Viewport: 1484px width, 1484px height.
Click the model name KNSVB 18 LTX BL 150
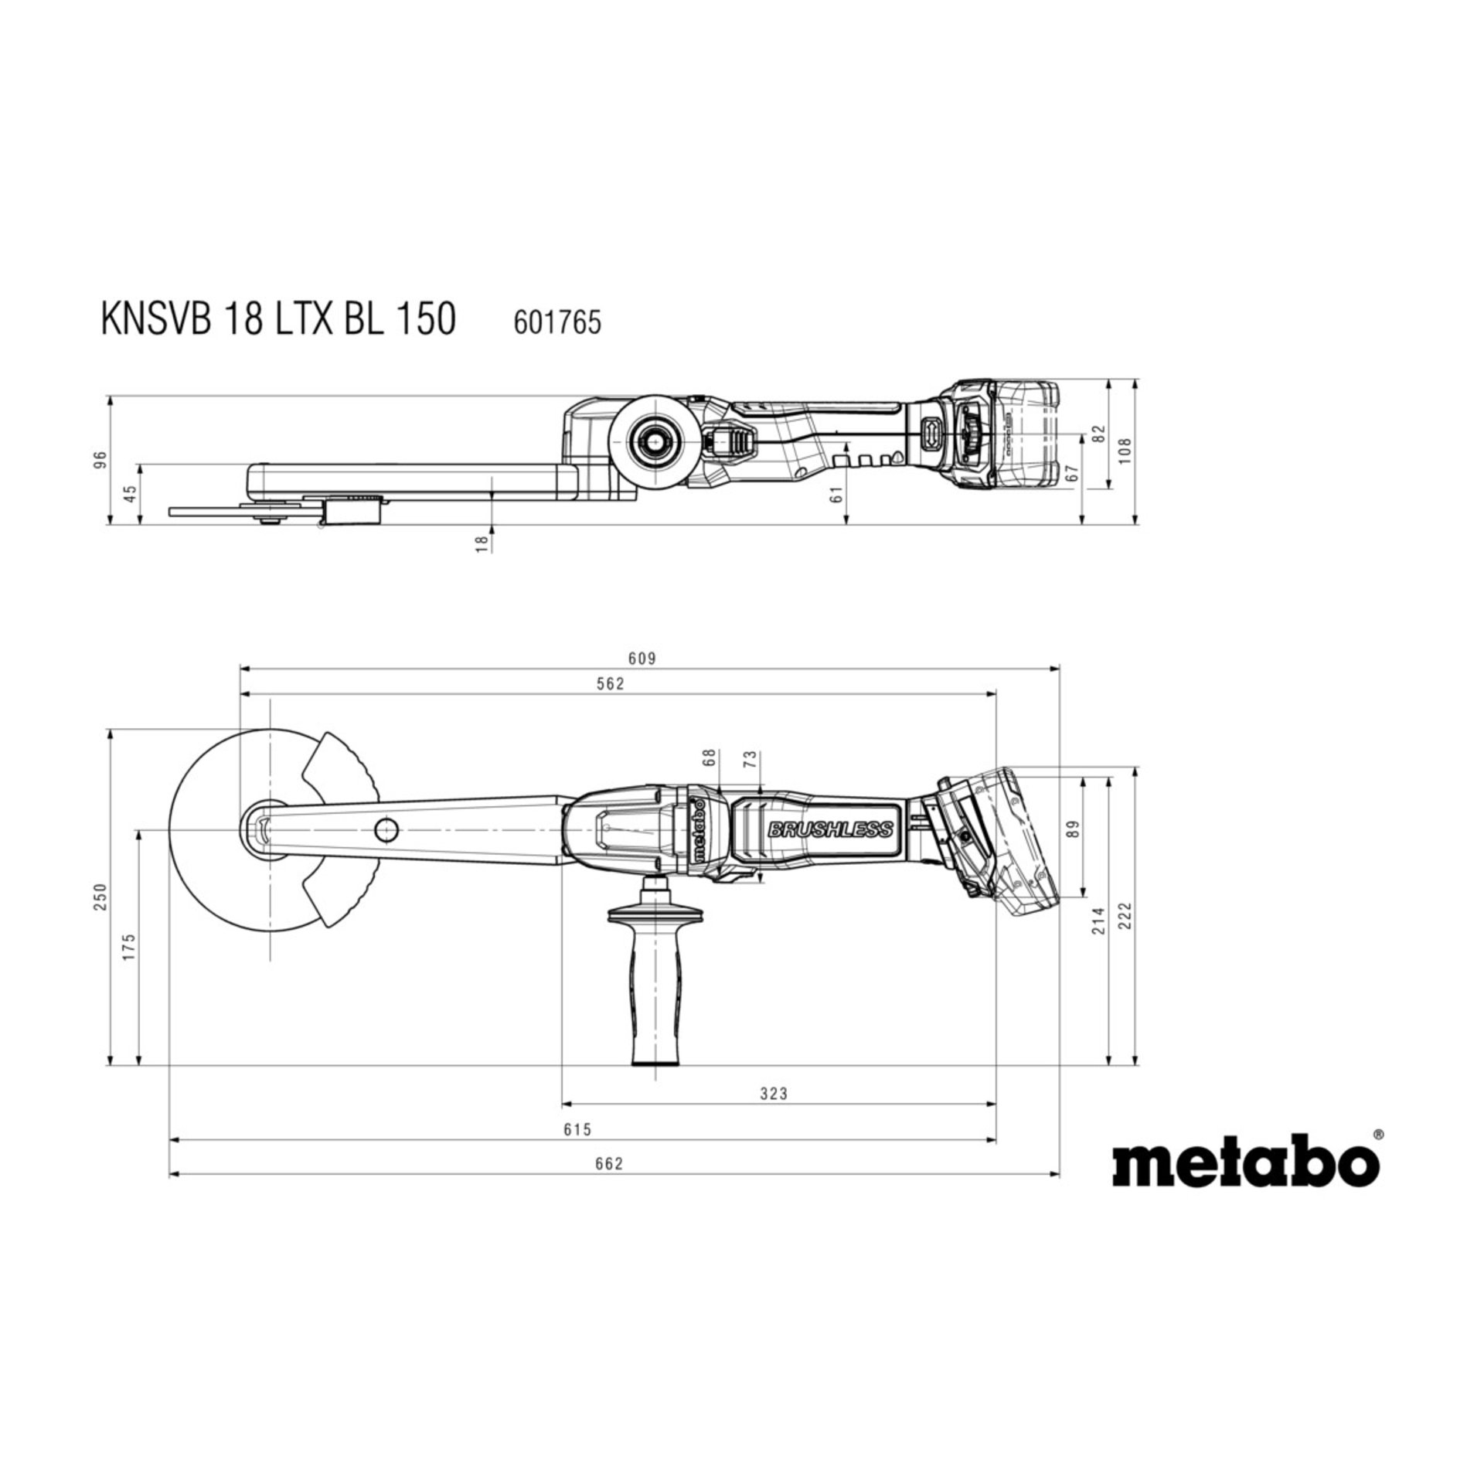click(x=278, y=318)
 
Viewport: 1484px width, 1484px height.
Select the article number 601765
click(x=557, y=322)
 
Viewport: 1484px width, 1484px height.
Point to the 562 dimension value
click(x=611, y=684)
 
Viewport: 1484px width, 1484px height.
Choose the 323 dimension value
click(x=773, y=1094)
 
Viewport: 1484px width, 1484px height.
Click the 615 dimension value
click(x=577, y=1130)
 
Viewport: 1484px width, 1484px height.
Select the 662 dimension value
click(x=609, y=1164)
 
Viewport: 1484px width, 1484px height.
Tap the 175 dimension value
click(x=129, y=947)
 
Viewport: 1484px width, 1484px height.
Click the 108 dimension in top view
click(x=1125, y=450)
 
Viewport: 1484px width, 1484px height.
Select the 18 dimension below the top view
click(x=482, y=543)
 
